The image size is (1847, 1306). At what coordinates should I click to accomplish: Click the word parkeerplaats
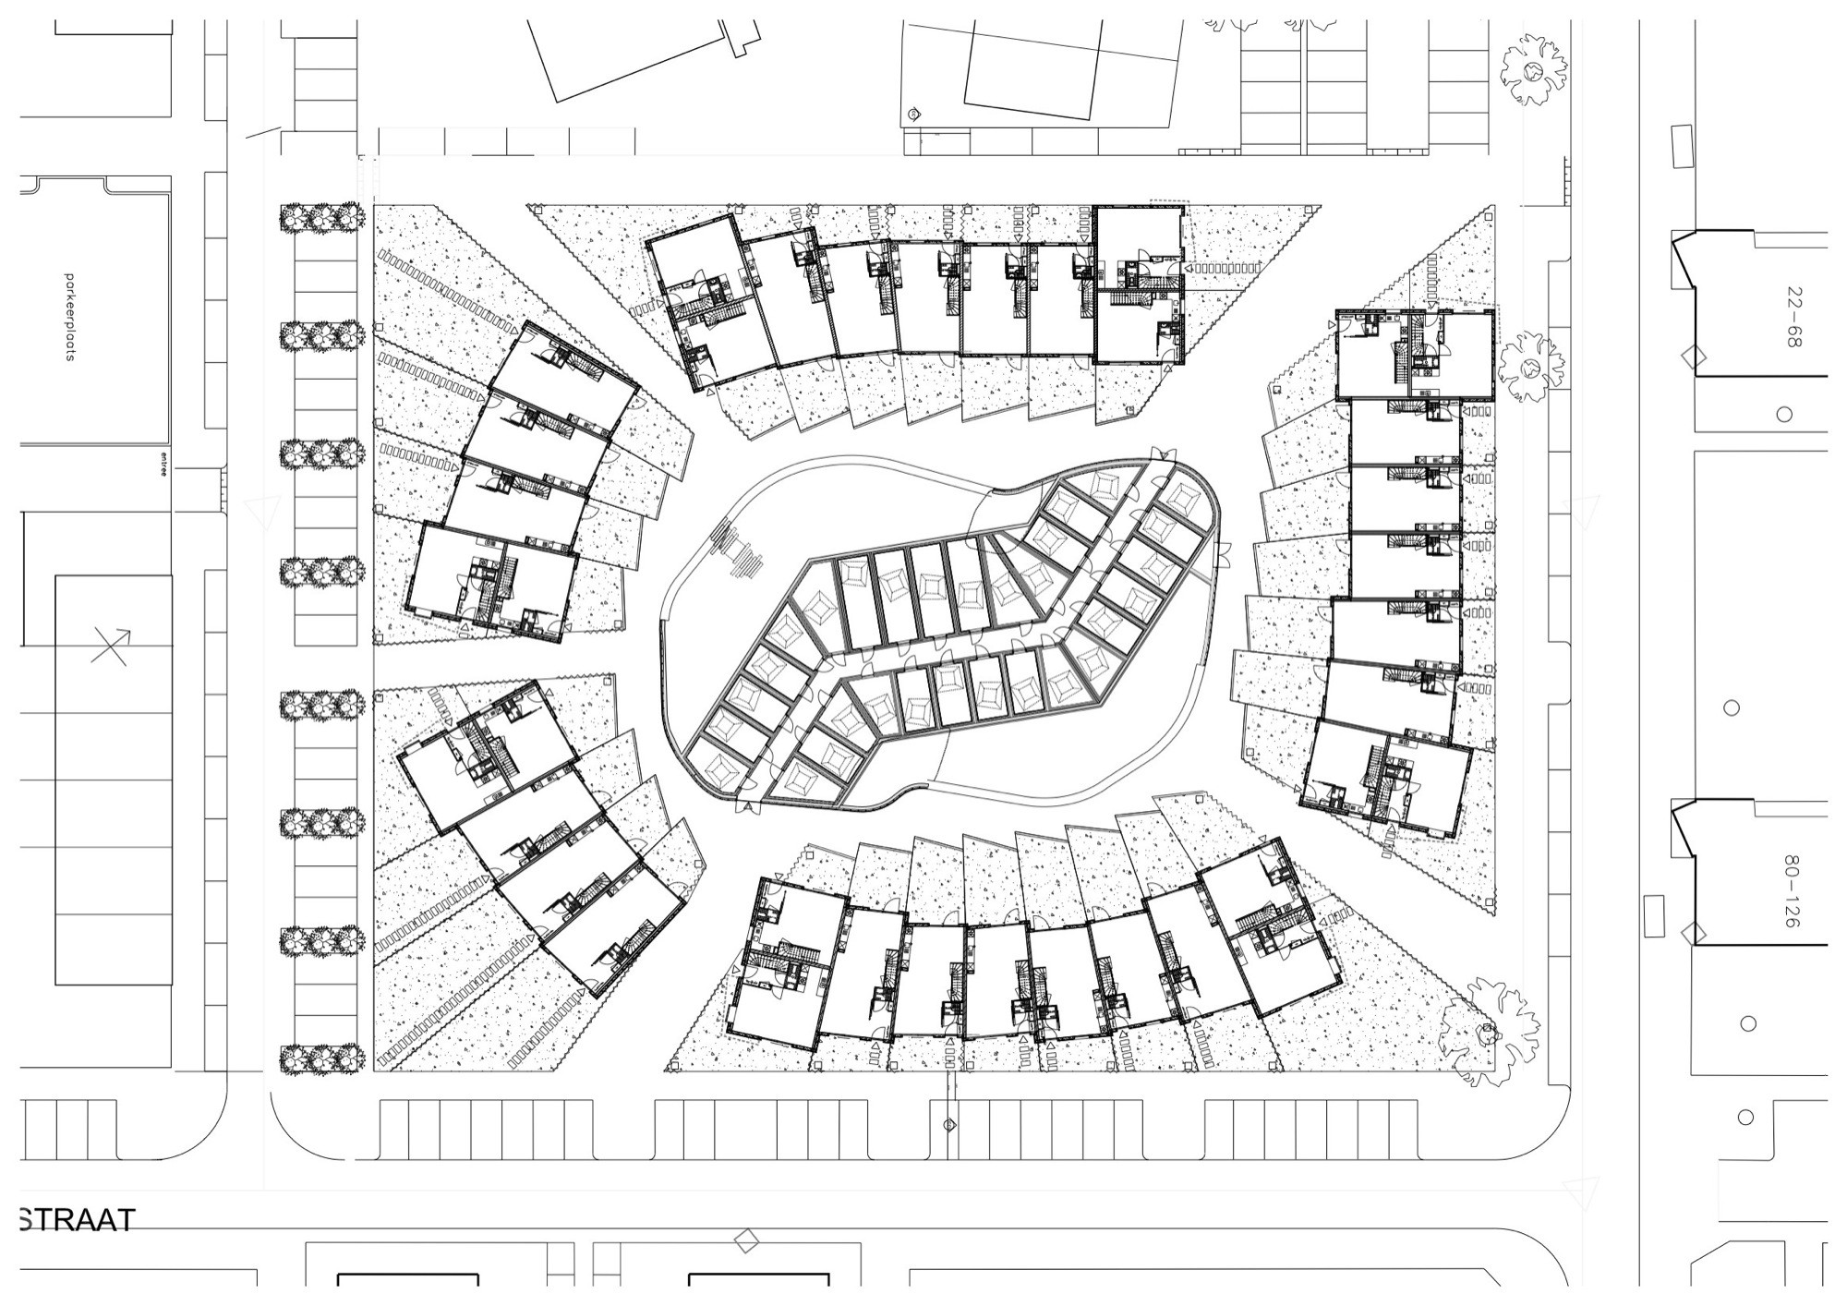pyautogui.click(x=69, y=317)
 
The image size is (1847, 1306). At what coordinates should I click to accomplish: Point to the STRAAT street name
pyautogui.click(x=77, y=1220)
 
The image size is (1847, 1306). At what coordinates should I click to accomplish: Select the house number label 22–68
pyautogui.click(x=1793, y=317)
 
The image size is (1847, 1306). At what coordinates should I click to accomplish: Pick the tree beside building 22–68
pyautogui.click(x=1530, y=369)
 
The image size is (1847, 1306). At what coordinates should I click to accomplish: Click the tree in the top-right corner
pyautogui.click(x=1534, y=70)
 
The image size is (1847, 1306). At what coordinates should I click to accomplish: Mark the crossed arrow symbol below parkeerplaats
pyautogui.click(x=111, y=646)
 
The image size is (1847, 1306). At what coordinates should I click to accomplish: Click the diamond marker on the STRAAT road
pyautogui.click(x=745, y=1240)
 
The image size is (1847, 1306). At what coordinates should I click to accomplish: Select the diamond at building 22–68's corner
pyautogui.click(x=1694, y=356)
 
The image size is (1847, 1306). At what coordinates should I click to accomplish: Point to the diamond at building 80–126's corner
pyautogui.click(x=1694, y=933)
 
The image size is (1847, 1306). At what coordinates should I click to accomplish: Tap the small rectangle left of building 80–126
pyautogui.click(x=1654, y=911)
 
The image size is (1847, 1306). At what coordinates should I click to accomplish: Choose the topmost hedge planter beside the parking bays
pyautogui.click(x=319, y=218)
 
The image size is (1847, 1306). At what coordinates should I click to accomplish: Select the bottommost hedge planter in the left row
pyautogui.click(x=319, y=1059)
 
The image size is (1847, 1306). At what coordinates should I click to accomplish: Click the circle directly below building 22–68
pyautogui.click(x=1784, y=415)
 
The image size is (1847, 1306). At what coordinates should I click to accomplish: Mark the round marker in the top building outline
pyautogui.click(x=913, y=114)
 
